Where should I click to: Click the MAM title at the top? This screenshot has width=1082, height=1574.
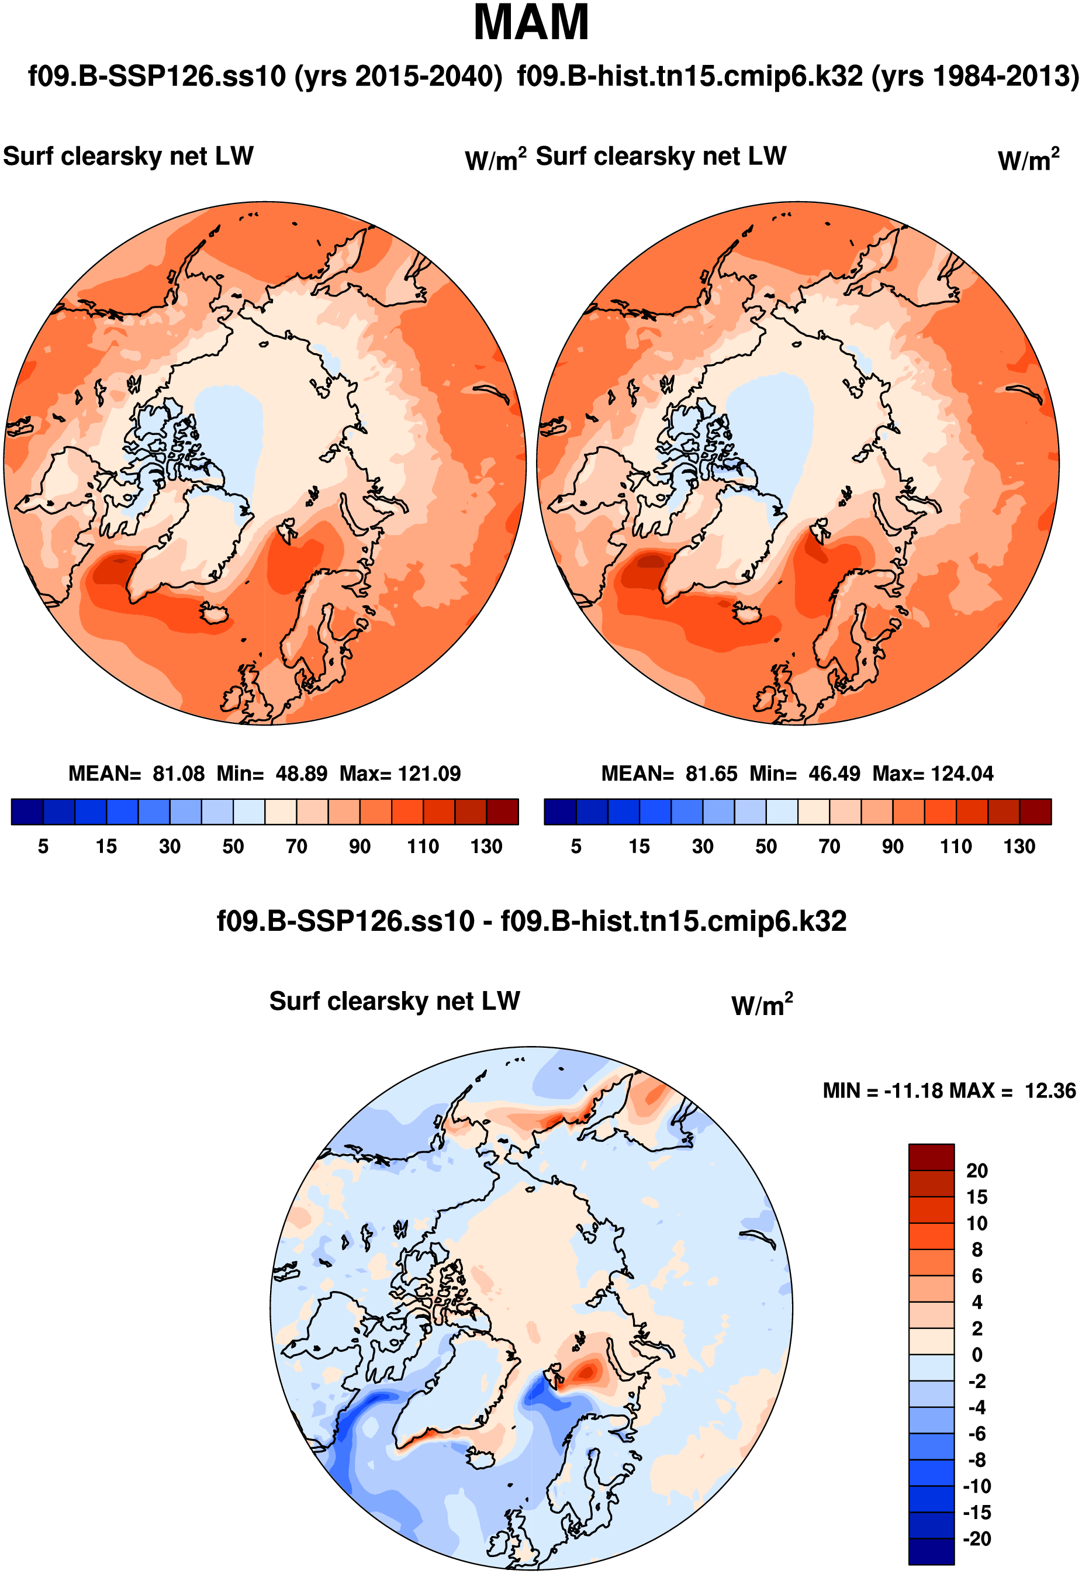tap(531, 23)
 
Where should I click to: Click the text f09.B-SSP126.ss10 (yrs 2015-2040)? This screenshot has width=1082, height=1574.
tap(265, 76)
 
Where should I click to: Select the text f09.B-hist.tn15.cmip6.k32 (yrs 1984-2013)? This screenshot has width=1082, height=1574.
tap(797, 76)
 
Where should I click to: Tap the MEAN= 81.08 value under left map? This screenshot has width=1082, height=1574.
tap(136, 773)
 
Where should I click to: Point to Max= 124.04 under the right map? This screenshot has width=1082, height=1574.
tap(932, 773)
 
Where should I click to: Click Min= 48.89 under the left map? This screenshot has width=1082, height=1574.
tap(272, 773)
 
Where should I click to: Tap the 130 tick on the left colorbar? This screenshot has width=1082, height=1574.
tap(486, 846)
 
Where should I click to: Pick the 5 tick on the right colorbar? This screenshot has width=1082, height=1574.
tap(576, 846)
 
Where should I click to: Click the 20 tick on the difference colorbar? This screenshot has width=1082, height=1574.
tap(977, 1171)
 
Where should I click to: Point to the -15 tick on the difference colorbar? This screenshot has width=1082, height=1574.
tap(977, 1513)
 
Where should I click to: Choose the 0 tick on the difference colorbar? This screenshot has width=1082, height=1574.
tap(977, 1355)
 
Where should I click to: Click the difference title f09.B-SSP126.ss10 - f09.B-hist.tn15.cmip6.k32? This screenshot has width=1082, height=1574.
tap(531, 921)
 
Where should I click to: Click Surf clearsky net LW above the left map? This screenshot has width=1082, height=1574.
tap(128, 157)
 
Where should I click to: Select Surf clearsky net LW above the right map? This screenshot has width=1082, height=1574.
tap(661, 157)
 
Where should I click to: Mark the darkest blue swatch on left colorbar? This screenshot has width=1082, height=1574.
tap(27, 812)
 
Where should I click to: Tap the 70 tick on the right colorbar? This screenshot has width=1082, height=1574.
tap(829, 846)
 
